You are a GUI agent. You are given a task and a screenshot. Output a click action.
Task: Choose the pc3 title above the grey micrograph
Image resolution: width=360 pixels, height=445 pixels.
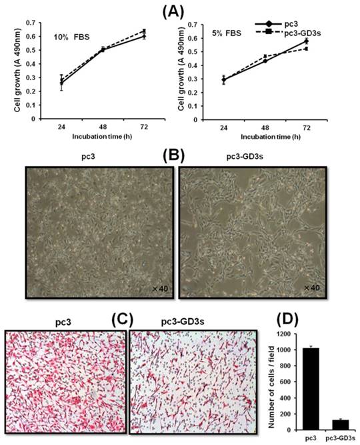coord(99,160)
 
